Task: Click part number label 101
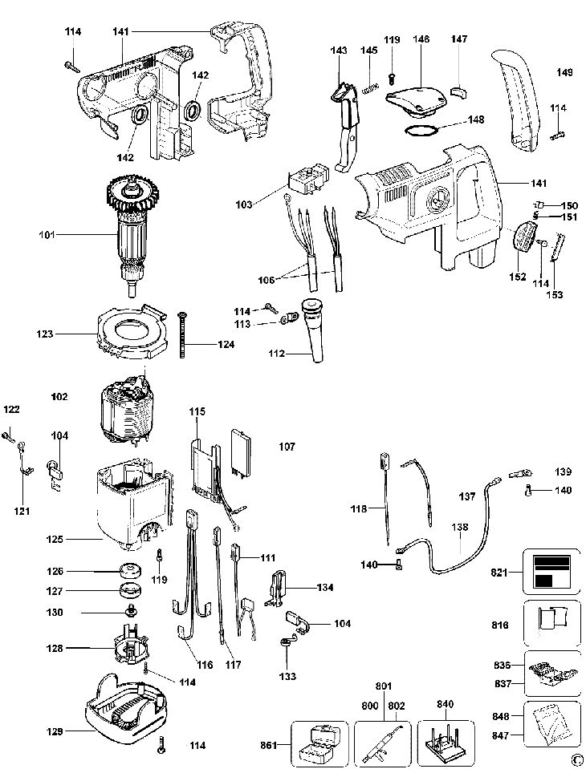(x=47, y=234)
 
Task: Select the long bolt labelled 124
(x=182, y=334)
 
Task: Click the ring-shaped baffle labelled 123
(x=131, y=330)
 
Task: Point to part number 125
(x=55, y=539)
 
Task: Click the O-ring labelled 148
(x=421, y=131)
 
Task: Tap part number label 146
(x=421, y=39)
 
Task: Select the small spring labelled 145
(x=370, y=89)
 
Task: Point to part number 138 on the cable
(x=460, y=527)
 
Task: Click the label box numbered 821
(x=551, y=572)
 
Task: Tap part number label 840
(x=446, y=704)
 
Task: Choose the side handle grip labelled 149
(x=515, y=98)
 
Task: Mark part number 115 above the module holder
(x=197, y=411)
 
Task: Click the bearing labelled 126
(x=131, y=571)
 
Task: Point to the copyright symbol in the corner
(x=576, y=759)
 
